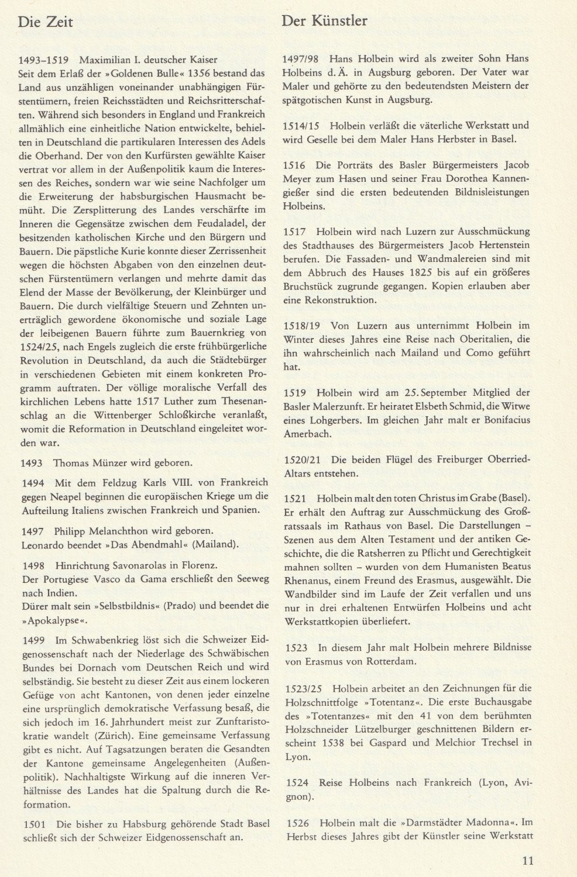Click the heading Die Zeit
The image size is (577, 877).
46,22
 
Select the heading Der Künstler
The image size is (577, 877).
324,22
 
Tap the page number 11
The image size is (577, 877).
527,860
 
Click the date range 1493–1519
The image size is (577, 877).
44,60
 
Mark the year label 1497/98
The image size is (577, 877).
299,59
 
